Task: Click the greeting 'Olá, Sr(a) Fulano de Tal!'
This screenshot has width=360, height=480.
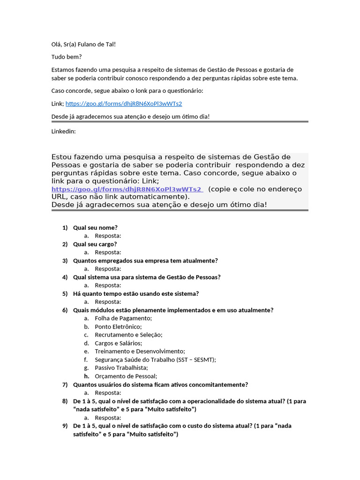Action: [83, 44]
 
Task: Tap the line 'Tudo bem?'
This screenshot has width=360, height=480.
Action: [66, 57]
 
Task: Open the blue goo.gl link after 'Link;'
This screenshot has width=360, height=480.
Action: [123, 104]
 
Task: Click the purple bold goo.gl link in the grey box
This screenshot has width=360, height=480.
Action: [127, 189]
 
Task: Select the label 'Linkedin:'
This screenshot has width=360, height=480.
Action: [63, 131]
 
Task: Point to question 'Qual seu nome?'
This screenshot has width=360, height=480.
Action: [95, 227]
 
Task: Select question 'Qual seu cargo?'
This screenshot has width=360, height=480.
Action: [95, 244]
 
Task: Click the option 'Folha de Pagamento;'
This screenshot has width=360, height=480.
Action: [123, 318]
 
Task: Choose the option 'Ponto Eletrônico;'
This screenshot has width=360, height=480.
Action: [118, 327]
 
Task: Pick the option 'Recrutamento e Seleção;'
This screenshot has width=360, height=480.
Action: [128, 335]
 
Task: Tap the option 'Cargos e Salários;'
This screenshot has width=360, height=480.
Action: [118, 343]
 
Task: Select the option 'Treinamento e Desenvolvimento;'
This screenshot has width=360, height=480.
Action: [140, 351]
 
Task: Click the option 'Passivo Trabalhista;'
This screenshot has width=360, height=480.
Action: [121, 367]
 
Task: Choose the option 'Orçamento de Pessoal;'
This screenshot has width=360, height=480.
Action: [126, 376]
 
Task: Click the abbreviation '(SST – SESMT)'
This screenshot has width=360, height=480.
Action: [196, 360]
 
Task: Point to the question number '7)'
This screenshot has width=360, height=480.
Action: [65, 384]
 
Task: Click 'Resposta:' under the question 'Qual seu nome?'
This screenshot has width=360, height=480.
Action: [108, 236]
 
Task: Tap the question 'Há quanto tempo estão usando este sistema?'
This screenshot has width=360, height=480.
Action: [136, 293]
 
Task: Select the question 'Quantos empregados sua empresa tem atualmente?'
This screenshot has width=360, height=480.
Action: [145, 261]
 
